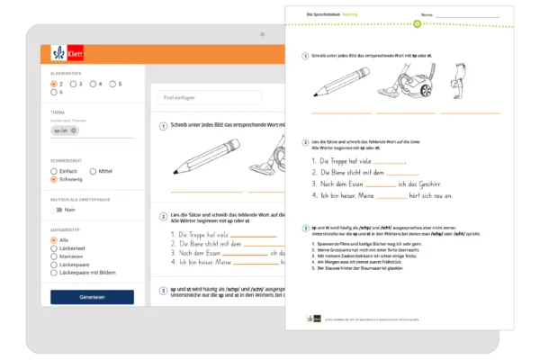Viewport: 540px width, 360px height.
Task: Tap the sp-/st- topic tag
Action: (x=66, y=130)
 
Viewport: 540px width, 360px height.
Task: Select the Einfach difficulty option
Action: (x=55, y=170)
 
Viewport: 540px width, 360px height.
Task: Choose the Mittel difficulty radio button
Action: (x=94, y=170)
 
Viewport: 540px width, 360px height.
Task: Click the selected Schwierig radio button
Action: (x=55, y=179)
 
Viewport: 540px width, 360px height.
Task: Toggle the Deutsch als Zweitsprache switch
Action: (x=58, y=209)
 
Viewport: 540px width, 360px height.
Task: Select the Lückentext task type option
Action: (x=55, y=248)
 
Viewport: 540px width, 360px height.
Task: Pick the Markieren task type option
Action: (x=55, y=256)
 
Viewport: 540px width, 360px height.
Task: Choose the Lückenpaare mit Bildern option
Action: (x=55, y=272)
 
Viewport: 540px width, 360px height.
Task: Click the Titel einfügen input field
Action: (x=209, y=97)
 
